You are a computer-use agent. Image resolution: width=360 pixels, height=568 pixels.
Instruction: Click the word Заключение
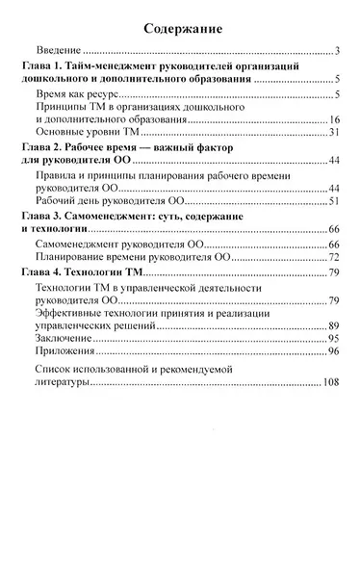tap(65, 339)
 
